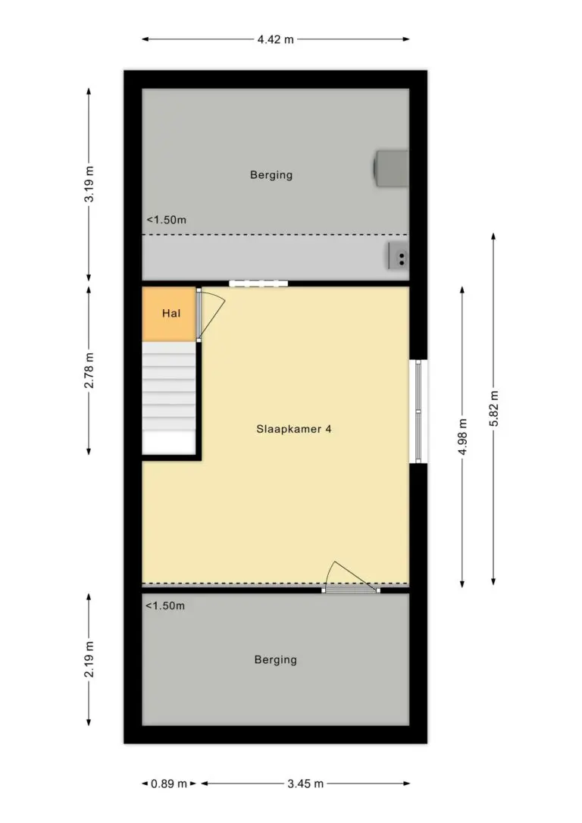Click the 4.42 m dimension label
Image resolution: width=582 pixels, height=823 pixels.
tap(276, 39)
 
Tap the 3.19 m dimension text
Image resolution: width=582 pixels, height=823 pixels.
tap(89, 184)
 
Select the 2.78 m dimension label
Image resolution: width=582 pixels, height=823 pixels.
tap(89, 371)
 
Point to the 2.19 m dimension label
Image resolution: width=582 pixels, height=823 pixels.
tap(89, 659)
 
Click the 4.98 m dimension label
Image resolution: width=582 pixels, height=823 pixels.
tap(462, 437)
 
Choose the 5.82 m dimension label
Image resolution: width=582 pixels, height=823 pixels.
tap(493, 409)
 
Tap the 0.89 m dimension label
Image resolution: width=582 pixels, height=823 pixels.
tap(169, 784)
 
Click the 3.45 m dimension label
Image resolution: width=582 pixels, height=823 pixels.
tap(305, 784)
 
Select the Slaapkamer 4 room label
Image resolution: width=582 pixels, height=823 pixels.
tap(294, 429)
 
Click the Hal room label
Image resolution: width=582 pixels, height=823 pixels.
tap(171, 313)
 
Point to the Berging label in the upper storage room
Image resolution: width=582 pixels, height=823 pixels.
tap(271, 175)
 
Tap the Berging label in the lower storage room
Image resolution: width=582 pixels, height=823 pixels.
tap(276, 660)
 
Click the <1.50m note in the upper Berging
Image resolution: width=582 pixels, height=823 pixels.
tap(167, 220)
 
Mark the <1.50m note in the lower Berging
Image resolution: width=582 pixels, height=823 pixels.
tap(165, 606)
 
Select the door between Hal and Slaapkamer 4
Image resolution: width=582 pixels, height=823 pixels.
tap(210, 314)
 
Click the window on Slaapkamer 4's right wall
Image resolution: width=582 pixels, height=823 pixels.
tap(418, 411)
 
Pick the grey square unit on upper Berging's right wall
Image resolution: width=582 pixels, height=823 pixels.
tap(392, 168)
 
